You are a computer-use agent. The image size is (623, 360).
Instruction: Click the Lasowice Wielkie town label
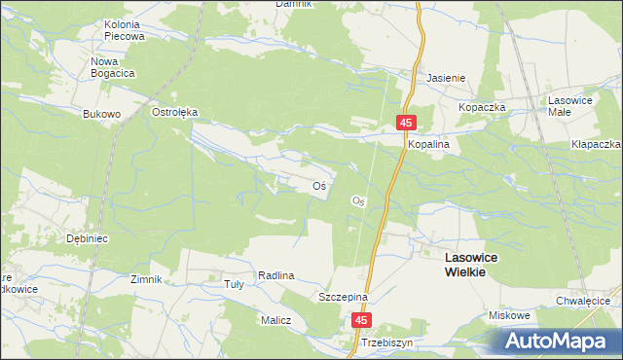(x=464, y=264)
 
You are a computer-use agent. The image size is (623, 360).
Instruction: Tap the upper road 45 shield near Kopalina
(x=406, y=122)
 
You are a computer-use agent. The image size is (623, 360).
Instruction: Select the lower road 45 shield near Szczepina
(x=362, y=320)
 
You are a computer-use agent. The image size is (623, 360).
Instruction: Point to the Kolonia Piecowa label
(x=124, y=29)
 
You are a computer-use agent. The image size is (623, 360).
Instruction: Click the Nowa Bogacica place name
(x=112, y=66)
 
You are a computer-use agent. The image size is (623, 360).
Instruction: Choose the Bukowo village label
(x=101, y=114)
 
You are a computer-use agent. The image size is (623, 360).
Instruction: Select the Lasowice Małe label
(x=569, y=106)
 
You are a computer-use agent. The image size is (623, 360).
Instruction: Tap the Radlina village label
(x=276, y=276)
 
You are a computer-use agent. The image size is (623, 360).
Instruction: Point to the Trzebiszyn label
(x=386, y=344)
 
